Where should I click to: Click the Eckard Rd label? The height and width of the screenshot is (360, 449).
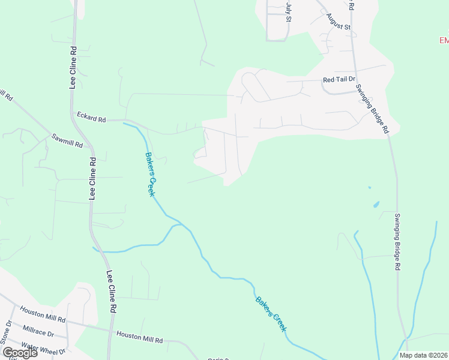click(x=91, y=116)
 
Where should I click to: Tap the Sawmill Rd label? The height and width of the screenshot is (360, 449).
click(x=66, y=140)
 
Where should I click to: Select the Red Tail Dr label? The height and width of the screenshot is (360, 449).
click(x=339, y=79)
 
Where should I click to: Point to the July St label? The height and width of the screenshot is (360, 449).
click(x=289, y=11)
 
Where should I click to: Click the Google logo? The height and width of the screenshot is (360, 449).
click(x=20, y=352)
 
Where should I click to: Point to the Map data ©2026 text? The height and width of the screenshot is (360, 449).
click(x=423, y=355)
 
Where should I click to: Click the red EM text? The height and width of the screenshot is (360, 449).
click(x=444, y=40)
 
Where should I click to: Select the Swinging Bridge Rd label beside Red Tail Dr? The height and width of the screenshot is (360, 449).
click(x=372, y=109)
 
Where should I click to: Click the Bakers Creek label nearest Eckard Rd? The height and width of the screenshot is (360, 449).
click(x=150, y=174)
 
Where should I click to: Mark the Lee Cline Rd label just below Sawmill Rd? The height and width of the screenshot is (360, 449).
click(x=92, y=178)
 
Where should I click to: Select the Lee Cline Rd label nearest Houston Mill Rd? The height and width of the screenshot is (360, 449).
click(x=111, y=292)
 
